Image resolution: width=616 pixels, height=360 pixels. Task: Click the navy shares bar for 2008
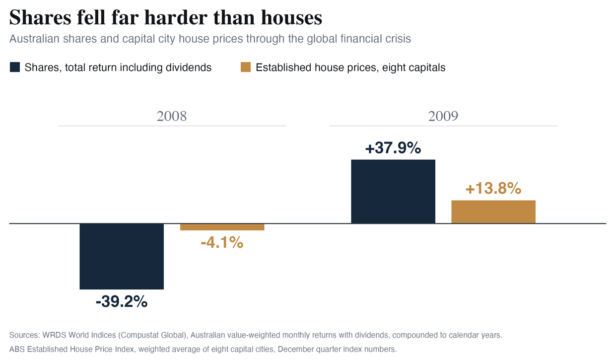122,256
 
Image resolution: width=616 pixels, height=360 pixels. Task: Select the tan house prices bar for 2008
222,227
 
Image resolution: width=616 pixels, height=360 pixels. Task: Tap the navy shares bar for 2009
393,191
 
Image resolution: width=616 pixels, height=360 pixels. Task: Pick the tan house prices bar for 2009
493,212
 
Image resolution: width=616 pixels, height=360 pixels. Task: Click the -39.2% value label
122,301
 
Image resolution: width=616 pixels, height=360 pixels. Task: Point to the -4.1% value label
222,243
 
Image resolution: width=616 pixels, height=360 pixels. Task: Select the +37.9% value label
393,147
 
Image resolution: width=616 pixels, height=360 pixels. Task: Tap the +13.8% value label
493,188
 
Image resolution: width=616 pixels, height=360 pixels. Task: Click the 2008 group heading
172,116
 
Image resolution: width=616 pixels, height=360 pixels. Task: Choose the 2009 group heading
443,116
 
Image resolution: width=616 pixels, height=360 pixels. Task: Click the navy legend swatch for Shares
15,67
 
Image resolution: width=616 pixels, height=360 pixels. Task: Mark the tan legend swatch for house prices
246,67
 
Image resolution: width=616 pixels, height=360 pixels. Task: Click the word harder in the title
176,17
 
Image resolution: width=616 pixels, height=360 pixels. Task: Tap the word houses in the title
291,17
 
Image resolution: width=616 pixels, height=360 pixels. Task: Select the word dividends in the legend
189,68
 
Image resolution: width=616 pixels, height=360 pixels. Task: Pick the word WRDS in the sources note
54,335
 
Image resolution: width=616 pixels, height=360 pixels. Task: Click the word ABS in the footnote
17,349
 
